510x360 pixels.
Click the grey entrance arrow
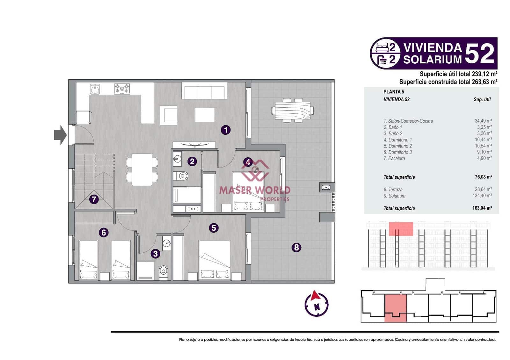[x=60, y=135]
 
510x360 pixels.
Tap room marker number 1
[x=226, y=130]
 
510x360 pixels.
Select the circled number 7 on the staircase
[x=93, y=199]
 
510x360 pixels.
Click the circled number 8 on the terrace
[x=296, y=247]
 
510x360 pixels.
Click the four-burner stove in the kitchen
[x=122, y=89]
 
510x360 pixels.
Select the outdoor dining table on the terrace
[x=293, y=111]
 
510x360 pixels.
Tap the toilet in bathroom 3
[x=163, y=271]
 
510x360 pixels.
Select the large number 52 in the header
[x=479, y=54]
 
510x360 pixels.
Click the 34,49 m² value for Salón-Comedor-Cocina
[x=483, y=121]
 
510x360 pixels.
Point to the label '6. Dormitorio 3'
[x=397, y=152]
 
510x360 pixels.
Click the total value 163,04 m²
[x=482, y=208]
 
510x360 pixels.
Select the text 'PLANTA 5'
[x=394, y=92]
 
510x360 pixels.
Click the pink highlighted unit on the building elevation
[x=401, y=229]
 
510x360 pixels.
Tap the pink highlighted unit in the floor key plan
[x=396, y=307]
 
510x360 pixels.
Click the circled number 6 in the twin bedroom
[x=103, y=233]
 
